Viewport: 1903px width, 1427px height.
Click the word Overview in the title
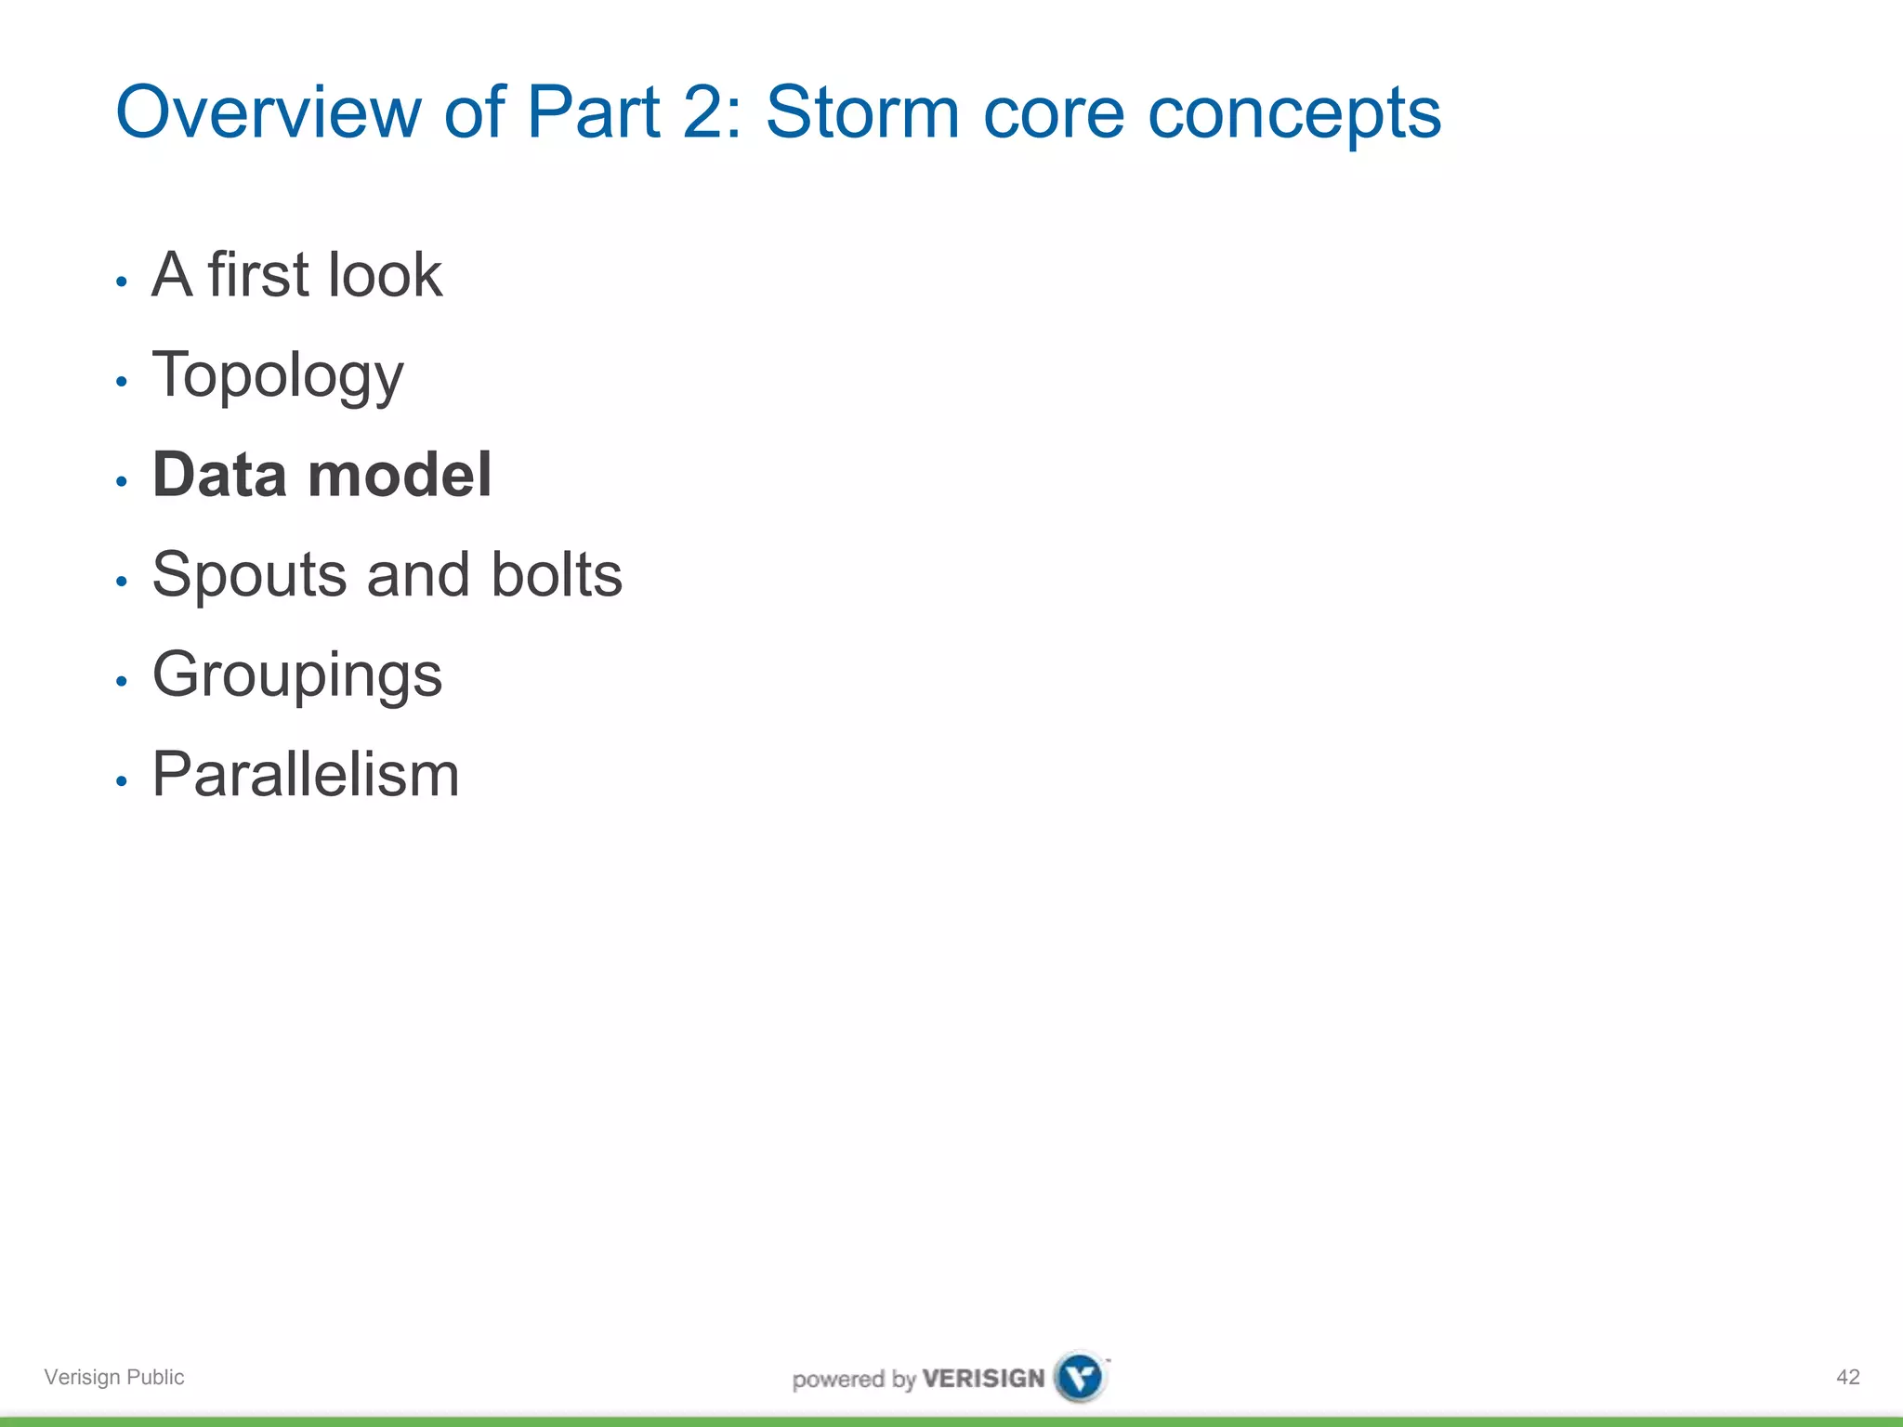coord(269,112)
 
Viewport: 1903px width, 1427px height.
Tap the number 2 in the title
coord(702,112)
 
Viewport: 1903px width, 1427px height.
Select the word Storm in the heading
coord(861,112)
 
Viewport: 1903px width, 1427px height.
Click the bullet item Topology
coord(277,375)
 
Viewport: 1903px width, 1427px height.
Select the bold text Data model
coord(322,475)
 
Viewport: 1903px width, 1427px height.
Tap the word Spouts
coord(248,576)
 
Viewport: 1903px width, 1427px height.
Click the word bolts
coord(556,574)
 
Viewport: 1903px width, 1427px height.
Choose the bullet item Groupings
coord(296,675)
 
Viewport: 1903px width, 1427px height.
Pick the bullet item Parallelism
coord(305,774)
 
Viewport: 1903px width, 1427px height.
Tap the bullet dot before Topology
coord(121,381)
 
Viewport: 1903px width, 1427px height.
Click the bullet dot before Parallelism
coord(121,781)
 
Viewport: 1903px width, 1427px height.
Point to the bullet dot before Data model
coord(121,481)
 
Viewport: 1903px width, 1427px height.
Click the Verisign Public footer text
coord(114,1377)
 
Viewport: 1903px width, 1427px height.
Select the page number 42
coord(1847,1377)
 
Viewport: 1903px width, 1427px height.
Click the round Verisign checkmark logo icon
coord(1080,1376)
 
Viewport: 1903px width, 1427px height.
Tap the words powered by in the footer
coord(853,1379)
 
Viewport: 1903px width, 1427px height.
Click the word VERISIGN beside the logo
coord(983,1378)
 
